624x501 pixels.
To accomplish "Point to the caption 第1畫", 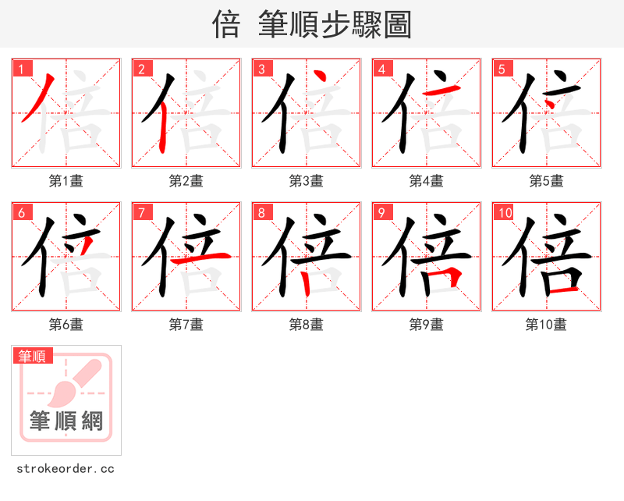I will click(x=66, y=181).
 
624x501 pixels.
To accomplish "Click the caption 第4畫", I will click(x=426, y=181).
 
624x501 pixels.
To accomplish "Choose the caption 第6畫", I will click(x=66, y=325).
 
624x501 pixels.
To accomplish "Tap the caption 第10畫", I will click(x=546, y=325).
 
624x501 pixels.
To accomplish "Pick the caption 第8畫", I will click(x=306, y=325).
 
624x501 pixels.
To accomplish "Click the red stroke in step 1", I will click(x=37, y=98).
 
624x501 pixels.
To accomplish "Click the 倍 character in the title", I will click(x=225, y=24).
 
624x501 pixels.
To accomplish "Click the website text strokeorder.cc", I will click(x=66, y=469).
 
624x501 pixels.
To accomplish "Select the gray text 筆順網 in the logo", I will click(x=66, y=421).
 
